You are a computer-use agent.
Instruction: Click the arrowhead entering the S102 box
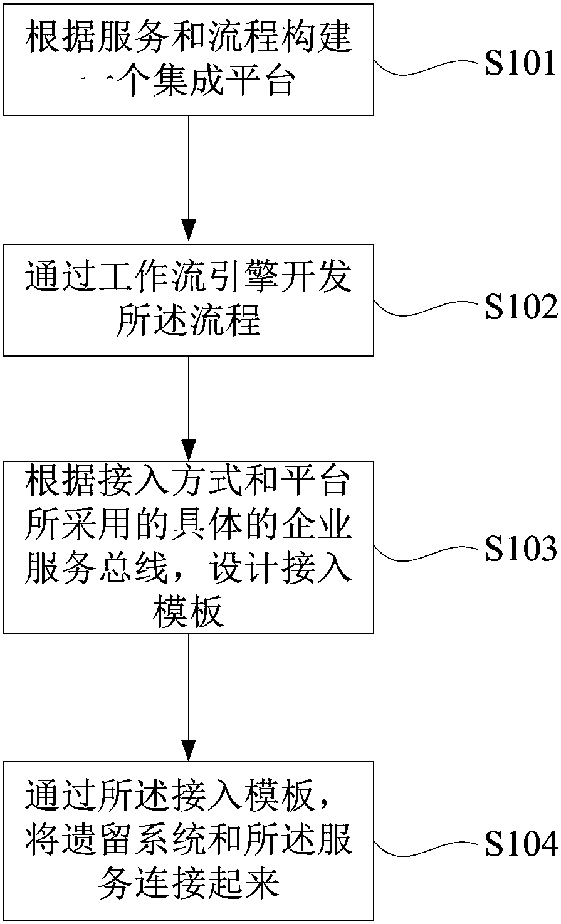189,231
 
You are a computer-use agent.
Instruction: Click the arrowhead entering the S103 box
189,450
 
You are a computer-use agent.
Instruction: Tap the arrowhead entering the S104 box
189,750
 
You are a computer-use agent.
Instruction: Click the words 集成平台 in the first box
226,82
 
